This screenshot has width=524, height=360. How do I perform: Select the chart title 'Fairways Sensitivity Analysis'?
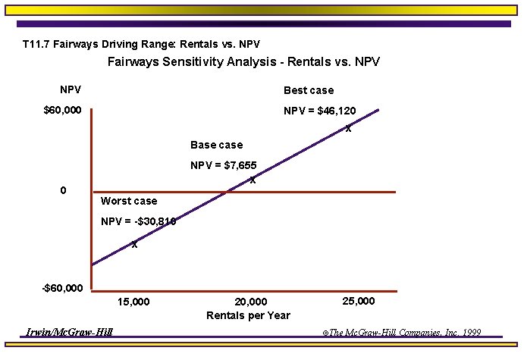click(243, 62)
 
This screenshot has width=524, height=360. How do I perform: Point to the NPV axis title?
click(71, 90)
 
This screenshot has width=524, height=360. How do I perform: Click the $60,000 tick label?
click(62, 111)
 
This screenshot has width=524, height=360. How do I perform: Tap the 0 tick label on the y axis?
click(63, 190)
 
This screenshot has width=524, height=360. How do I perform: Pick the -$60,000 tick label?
click(62, 289)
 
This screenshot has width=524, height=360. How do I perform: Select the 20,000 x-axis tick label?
click(251, 302)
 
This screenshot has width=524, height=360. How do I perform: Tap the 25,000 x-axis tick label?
click(359, 301)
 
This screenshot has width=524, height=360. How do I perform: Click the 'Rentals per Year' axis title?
click(248, 315)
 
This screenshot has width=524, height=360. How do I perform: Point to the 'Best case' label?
click(308, 90)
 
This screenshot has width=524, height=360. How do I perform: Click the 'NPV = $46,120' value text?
click(319, 111)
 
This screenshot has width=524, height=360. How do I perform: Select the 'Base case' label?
click(216, 145)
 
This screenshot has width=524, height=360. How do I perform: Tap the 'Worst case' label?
click(129, 201)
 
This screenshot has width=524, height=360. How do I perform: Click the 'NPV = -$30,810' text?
click(138, 221)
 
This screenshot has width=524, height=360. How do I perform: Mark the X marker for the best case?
click(348, 129)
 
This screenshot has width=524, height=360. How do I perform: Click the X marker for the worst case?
click(134, 244)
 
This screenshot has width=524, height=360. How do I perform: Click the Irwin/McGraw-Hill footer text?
click(69, 332)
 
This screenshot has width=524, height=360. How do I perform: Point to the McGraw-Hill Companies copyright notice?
click(401, 333)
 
